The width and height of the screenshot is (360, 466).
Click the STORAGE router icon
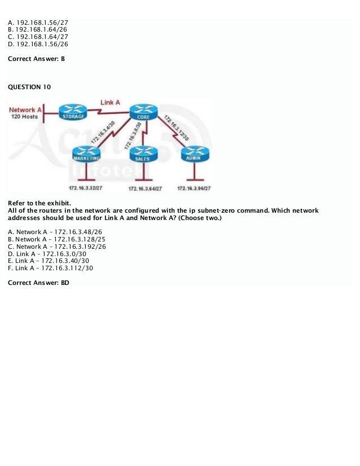73,112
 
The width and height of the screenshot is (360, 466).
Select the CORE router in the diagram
143,113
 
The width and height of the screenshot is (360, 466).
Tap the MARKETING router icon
87,154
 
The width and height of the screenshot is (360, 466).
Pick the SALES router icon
142,155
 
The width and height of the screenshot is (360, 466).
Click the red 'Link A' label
110,102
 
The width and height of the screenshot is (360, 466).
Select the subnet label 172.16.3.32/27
86,188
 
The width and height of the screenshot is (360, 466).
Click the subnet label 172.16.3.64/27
145,188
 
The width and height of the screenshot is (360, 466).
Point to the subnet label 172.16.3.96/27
194,188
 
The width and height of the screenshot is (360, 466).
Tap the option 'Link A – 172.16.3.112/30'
50,268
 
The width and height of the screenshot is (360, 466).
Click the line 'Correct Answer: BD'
38,282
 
